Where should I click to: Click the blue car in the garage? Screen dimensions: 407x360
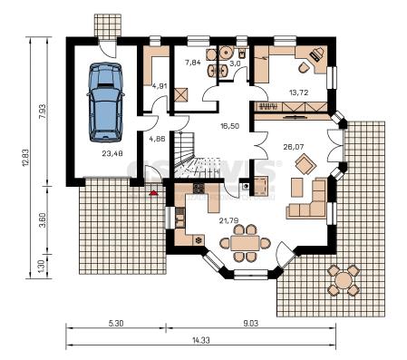106,102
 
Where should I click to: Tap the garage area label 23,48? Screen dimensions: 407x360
112,153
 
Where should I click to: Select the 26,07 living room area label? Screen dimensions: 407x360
294,147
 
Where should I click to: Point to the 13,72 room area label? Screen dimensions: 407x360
298,92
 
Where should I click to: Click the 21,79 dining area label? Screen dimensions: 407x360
228,221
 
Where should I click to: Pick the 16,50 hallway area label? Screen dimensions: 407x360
229,126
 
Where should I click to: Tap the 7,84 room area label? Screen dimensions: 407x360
193,63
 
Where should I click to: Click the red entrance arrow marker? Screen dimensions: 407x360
153,192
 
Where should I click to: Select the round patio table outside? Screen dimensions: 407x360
344,280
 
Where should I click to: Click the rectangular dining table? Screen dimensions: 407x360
245,243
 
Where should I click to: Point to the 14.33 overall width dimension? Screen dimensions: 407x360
201,340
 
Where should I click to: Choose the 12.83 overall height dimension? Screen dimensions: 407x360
26,157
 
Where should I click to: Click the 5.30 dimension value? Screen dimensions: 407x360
116,324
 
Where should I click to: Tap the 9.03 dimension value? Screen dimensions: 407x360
251,324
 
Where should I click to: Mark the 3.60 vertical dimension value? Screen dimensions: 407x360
43,220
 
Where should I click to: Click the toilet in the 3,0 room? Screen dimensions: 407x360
242,54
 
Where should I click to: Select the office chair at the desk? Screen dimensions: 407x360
304,68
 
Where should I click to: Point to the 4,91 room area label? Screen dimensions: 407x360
160,86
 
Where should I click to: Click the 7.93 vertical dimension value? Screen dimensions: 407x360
43,112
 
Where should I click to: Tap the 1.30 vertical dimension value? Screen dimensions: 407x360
42,267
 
